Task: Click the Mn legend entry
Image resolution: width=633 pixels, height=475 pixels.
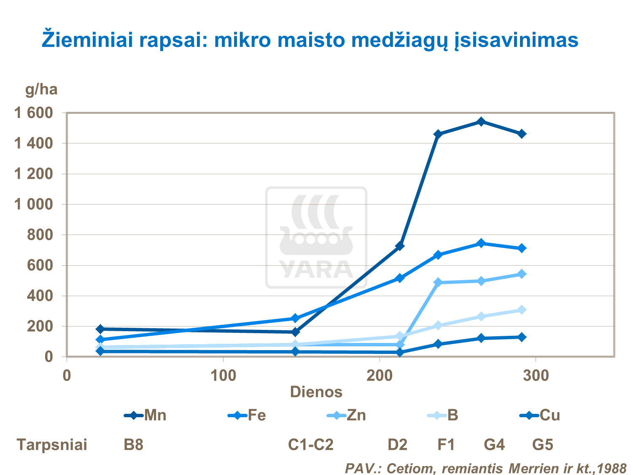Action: coord(145,416)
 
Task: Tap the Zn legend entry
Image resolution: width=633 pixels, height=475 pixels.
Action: coord(347,416)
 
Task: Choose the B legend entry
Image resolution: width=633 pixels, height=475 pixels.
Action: coord(443,416)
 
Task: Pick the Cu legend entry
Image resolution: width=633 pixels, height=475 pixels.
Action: coord(540,416)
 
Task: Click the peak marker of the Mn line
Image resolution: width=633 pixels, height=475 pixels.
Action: coord(481,122)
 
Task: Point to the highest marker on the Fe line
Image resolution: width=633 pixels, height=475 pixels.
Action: coord(481,243)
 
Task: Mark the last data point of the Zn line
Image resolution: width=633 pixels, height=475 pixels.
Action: coord(522,274)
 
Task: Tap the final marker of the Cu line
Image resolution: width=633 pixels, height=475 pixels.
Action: coord(522,337)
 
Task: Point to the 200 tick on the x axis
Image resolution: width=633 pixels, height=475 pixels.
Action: coord(380,375)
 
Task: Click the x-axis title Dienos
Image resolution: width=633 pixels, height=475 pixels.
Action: coord(316,392)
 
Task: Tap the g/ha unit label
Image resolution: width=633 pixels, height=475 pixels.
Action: coord(41,89)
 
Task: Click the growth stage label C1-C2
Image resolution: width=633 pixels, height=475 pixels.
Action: coord(310,445)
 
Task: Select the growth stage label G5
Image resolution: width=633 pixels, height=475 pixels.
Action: coord(542,445)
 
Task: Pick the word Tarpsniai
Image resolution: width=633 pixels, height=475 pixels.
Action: coord(52,445)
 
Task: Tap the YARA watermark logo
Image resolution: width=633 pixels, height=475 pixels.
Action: coord(316,237)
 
